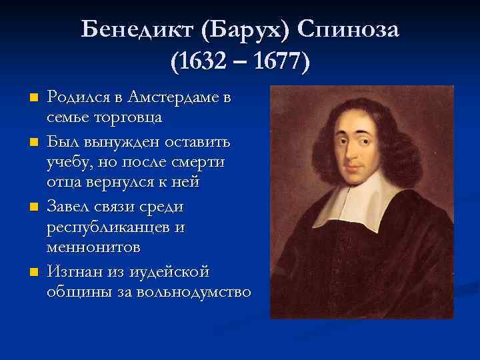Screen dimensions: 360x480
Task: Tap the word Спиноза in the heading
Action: tap(349, 29)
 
